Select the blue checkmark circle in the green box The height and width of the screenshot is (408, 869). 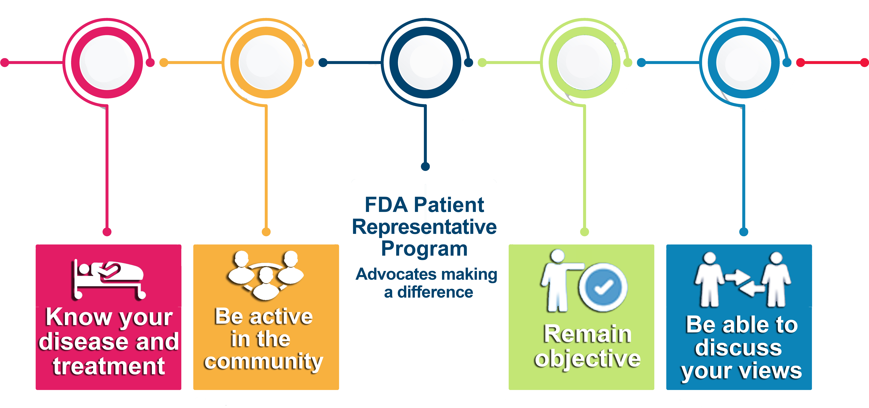(x=603, y=287)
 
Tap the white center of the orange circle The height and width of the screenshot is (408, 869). (x=266, y=62)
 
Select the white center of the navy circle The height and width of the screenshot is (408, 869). (x=425, y=62)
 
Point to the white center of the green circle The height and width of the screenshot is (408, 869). (x=585, y=62)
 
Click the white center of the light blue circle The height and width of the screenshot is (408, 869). (x=744, y=62)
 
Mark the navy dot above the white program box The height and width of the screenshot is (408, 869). (x=425, y=166)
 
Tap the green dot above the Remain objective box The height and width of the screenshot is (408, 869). (x=585, y=232)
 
